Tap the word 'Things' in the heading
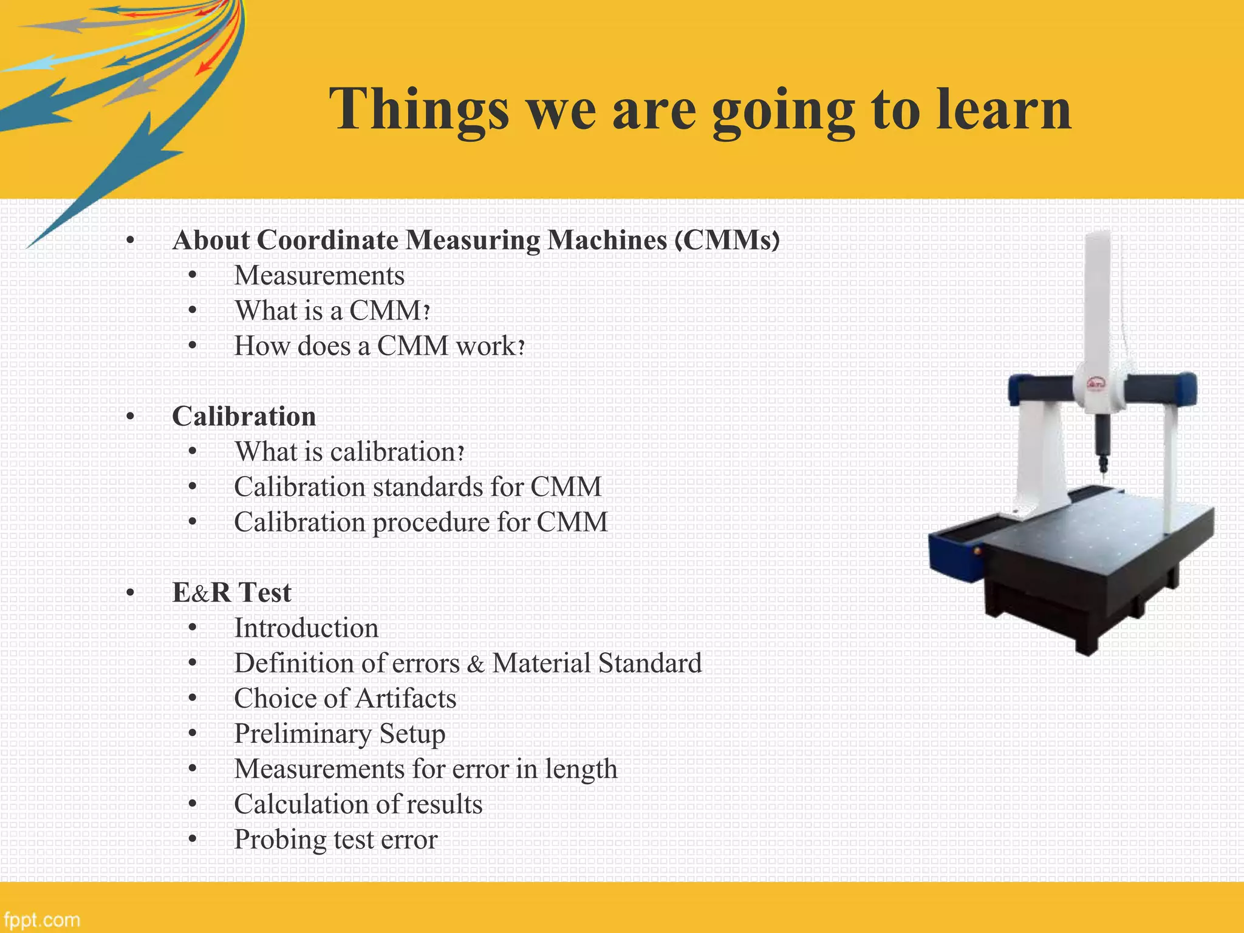419,109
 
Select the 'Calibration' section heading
244,417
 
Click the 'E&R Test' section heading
231,593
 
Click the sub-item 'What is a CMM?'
332,311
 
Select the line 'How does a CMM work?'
379,346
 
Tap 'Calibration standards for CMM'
417,487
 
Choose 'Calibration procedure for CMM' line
420,522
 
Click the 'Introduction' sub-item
306,628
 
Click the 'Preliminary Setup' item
340,734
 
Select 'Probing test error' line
335,839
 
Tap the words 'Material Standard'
596,663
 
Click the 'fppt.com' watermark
41,920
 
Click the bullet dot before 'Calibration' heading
130,417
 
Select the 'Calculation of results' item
358,804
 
